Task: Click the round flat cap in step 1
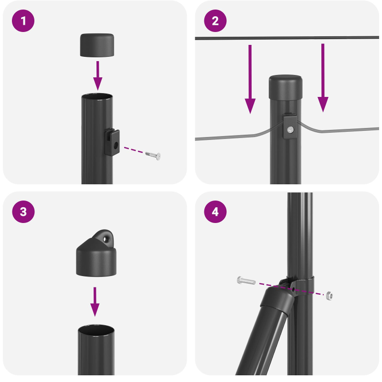click(97, 45)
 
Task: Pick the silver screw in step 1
click(153, 155)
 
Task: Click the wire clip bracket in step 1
click(112, 142)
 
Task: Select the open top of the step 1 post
click(97, 98)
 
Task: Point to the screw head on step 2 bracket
click(289, 129)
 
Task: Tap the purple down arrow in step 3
click(95, 301)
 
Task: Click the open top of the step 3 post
click(96, 331)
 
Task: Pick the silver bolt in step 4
click(245, 281)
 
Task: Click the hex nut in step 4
click(329, 296)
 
